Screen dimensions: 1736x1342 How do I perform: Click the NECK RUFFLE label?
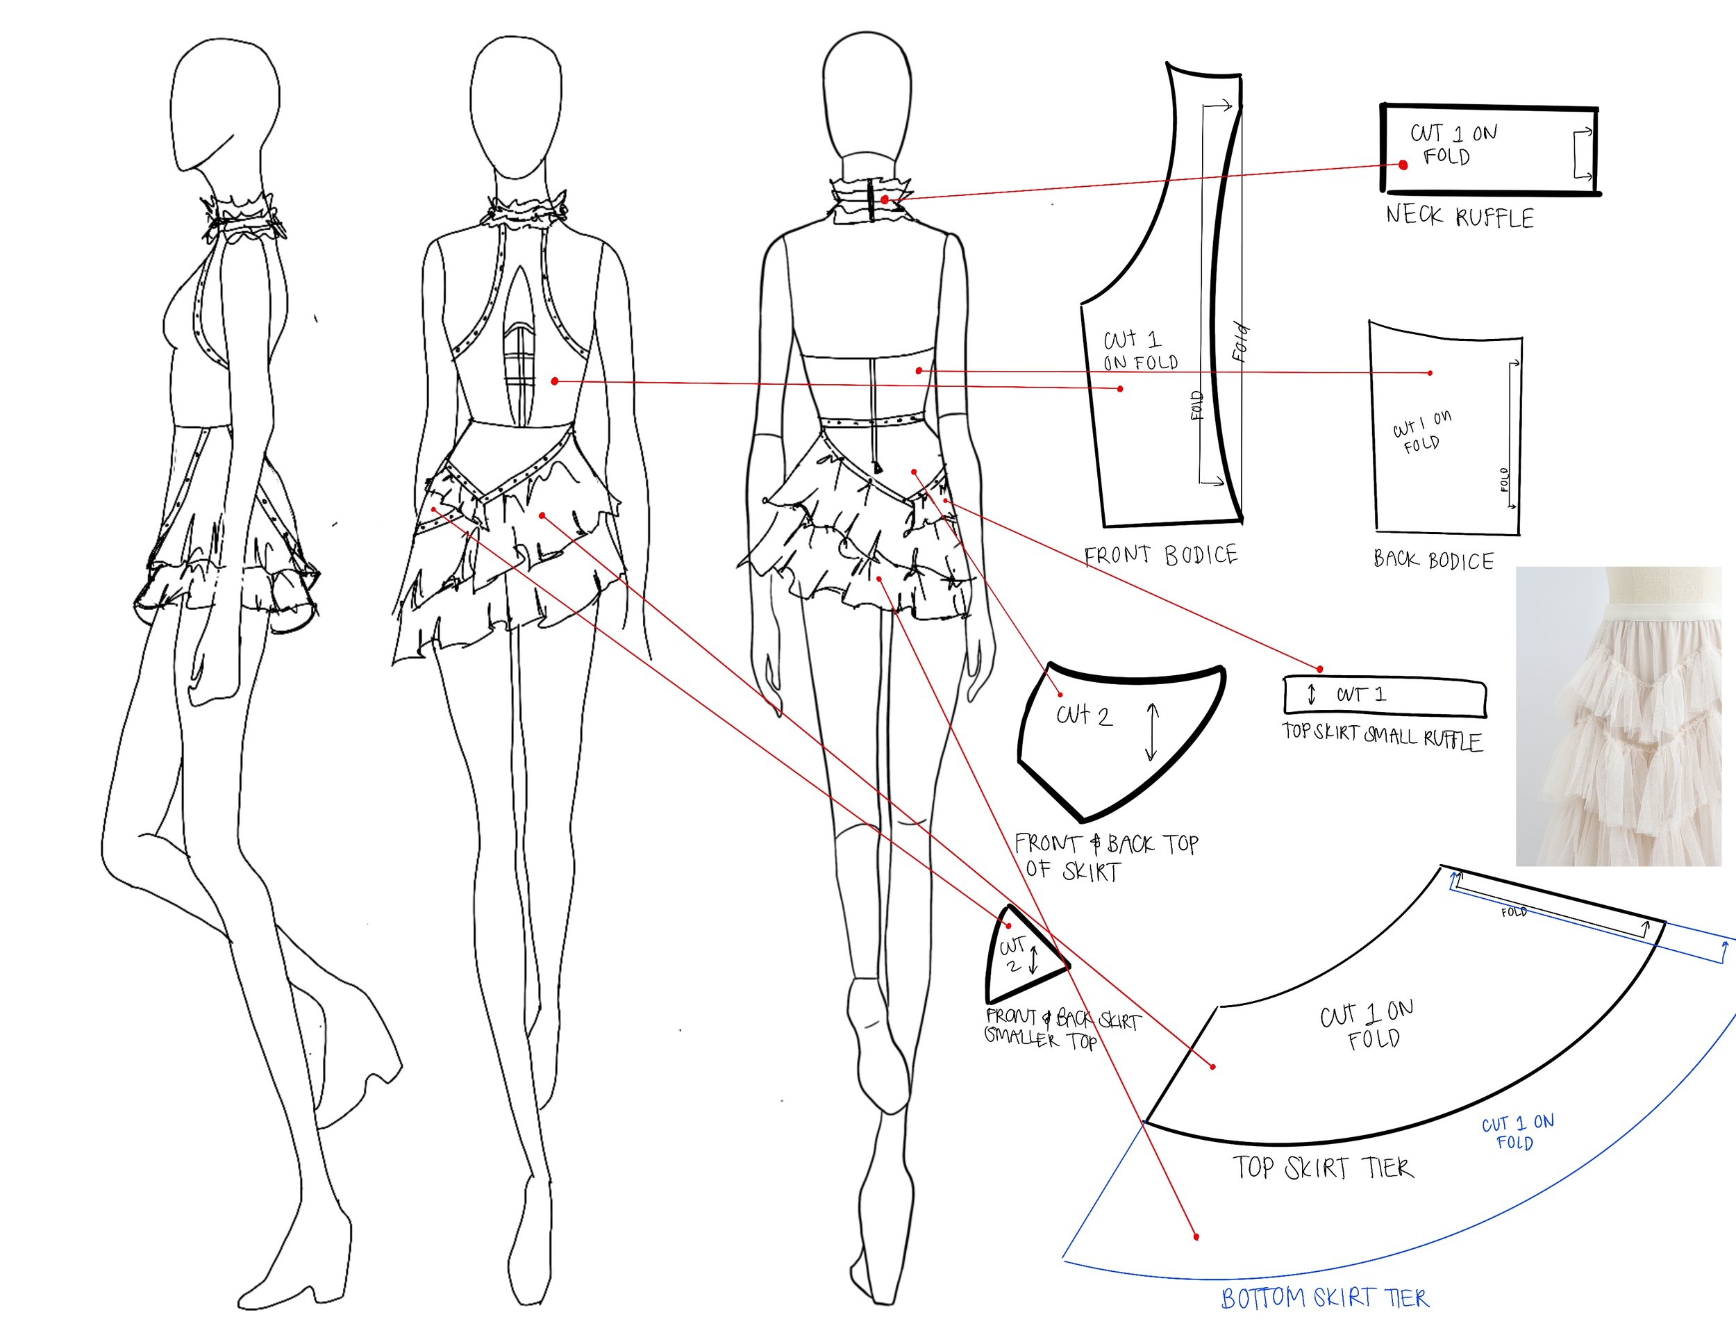click(x=1460, y=216)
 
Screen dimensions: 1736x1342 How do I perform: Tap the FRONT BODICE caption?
click(x=1160, y=555)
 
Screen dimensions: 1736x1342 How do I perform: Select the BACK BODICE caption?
click(x=1433, y=561)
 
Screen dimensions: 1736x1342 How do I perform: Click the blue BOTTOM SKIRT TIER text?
click(x=1324, y=1298)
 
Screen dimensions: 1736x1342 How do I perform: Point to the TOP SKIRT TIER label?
click(x=1324, y=1167)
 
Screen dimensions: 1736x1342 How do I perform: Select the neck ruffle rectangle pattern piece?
click(x=1490, y=149)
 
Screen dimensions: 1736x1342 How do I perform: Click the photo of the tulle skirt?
click(x=1625, y=715)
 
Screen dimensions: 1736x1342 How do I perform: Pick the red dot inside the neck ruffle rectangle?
click(x=1403, y=165)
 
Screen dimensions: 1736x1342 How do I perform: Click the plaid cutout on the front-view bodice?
click(x=521, y=362)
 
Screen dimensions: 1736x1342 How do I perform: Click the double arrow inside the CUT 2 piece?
click(x=1152, y=731)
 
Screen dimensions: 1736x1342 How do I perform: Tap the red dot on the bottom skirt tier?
click(x=1196, y=1236)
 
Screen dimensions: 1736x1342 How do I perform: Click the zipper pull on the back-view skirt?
click(x=878, y=469)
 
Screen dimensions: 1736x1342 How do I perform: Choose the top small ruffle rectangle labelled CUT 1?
click(x=1384, y=695)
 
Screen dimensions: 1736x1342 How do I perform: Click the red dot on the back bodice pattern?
click(x=1430, y=373)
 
